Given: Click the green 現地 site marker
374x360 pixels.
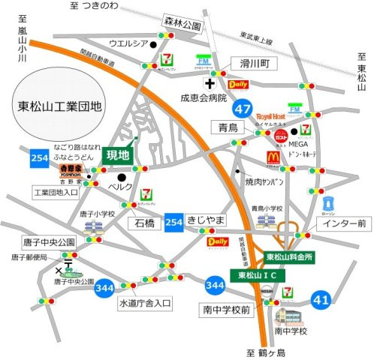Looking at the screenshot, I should coord(118,154).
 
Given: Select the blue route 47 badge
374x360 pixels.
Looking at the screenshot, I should coord(242,109).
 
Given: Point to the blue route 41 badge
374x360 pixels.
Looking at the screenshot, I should coord(321,301).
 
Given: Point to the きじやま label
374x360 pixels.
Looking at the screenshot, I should coord(206,219).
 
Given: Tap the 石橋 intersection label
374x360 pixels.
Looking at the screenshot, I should coord(146,223).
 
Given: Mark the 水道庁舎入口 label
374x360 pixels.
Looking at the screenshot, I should coord(146,303).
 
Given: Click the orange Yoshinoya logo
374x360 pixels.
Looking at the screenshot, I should coord(71,169).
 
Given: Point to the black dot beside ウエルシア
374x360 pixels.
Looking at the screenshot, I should coord(152,44).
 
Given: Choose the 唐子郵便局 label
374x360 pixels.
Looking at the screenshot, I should coord(29,256).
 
